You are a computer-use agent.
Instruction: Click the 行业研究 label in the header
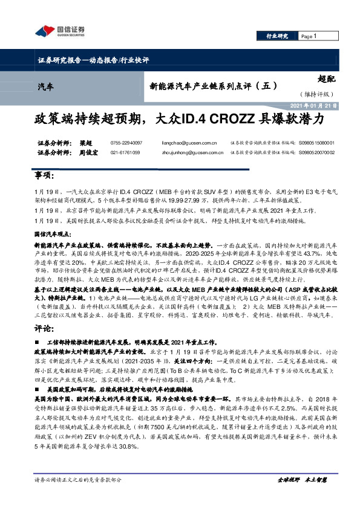click(x=277, y=36)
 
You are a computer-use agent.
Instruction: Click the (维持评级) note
click(x=316, y=94)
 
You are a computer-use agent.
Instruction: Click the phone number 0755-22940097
click(x=125, y=143)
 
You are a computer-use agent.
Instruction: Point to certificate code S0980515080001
click(x=316, y=143)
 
